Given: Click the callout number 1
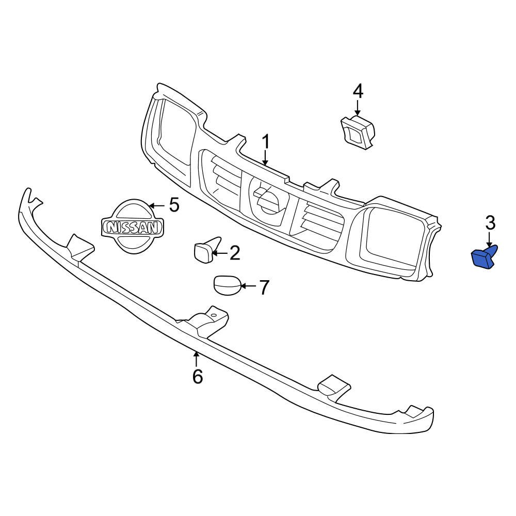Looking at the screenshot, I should click(266, 141).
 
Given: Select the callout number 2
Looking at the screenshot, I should click(235, 253).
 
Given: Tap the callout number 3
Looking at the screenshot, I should click(490, 223).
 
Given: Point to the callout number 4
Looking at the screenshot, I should click(358, 91).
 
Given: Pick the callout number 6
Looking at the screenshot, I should click(197, 377).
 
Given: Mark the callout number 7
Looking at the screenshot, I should click(264, 287).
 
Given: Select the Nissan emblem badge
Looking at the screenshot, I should click(132, 227).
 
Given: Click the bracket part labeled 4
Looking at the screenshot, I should click(357, 132).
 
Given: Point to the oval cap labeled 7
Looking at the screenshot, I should click(227, 286).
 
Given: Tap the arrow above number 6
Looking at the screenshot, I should click(196, 358).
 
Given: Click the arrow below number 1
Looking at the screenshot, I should click(266, 157).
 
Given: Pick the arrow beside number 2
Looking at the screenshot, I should click(220, 253).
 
